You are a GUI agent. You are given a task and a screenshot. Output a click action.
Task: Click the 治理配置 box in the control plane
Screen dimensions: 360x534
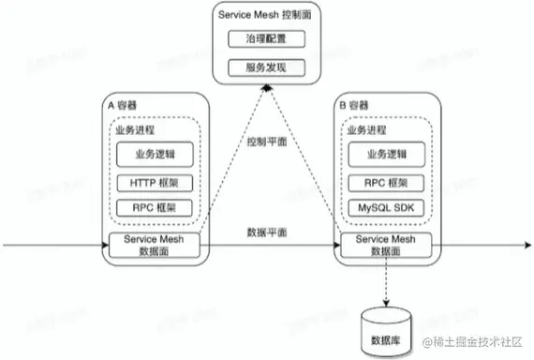(x=265, y=41)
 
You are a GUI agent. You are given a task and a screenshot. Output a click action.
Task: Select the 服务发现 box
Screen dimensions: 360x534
(x=265, y=68)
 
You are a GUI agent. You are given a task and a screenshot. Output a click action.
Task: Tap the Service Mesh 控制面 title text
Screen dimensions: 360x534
(x=265, y=17)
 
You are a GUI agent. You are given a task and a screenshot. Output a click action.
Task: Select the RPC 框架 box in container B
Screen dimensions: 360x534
(x=384, y=182)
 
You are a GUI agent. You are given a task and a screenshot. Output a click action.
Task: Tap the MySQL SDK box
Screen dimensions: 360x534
(x=384, y=207)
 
